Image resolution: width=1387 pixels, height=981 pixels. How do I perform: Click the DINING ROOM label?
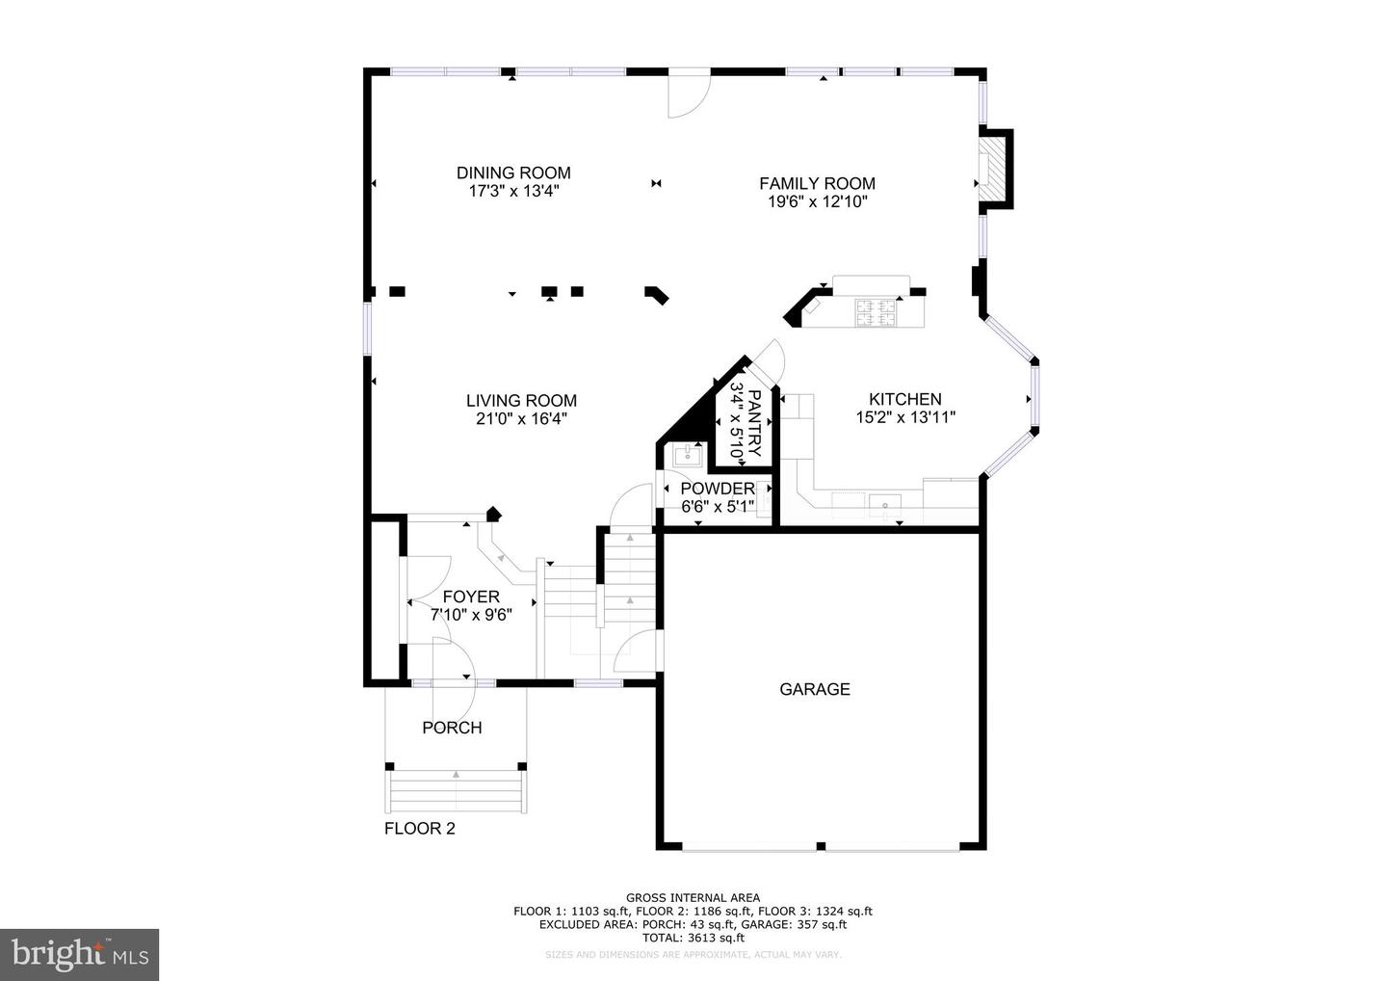513,173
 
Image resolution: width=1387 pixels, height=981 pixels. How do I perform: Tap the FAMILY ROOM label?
817,184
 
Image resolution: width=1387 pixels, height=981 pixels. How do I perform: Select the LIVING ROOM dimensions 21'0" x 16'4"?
521,419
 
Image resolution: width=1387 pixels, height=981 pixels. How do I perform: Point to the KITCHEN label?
904,399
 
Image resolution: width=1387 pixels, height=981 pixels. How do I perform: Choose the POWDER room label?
717,489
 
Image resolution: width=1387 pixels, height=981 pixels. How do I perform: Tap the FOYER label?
471,597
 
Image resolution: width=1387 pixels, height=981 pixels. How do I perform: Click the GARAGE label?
815,689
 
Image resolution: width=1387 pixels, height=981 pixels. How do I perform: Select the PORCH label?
452,728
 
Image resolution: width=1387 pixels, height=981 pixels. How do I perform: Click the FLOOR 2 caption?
419,828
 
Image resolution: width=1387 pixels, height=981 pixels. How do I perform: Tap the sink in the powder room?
688,455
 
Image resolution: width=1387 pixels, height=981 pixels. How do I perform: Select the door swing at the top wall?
688,94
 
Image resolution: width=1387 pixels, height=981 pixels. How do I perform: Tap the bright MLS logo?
79,954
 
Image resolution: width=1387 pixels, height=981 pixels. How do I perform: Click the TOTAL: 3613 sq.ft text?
693,938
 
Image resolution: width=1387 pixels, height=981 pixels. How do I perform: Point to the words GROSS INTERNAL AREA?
693,898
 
